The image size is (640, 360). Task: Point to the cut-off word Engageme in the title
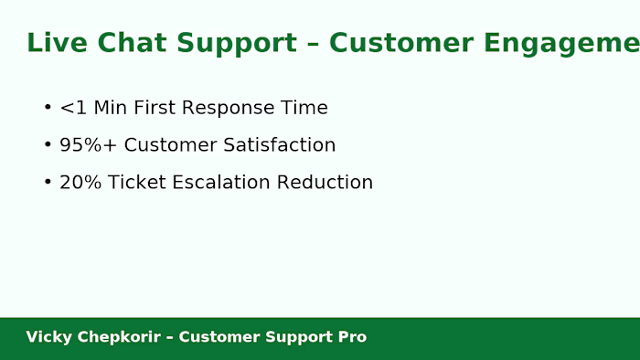[x=559, y=43]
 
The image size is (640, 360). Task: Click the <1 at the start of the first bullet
[x=73, y=108]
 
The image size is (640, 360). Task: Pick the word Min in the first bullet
[x=111, y=108]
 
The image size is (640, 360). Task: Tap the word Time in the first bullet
[x=304, y=108]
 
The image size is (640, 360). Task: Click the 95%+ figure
[x=89, y=145]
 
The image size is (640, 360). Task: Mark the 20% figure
[x=80, y=183]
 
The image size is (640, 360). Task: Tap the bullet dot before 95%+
[x=48, y=145]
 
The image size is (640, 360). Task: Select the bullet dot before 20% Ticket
[x=48, y=183]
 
